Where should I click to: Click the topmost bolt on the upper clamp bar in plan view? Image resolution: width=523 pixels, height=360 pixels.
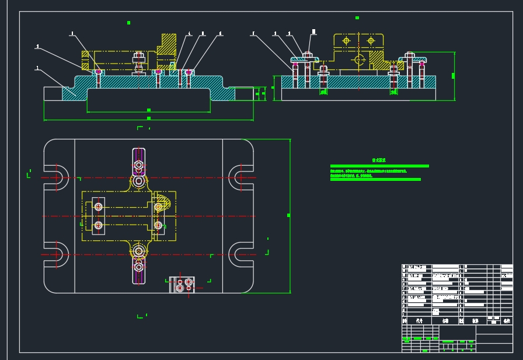click(139, 165)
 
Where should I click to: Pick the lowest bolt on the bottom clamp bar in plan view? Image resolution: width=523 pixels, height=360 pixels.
click(139, 267)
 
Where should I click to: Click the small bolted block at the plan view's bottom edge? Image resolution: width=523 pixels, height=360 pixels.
click(182, 285)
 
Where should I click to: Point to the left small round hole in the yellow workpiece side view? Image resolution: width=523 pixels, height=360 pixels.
click(346, 41)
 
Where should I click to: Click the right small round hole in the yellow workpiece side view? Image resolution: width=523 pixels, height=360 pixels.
click(370, 41)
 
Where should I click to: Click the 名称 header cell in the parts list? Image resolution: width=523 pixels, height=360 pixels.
click(445, 320)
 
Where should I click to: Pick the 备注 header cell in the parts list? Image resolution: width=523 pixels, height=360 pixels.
click(506, 320)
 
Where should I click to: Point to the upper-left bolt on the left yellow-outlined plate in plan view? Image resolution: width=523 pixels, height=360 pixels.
click(98, 207)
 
